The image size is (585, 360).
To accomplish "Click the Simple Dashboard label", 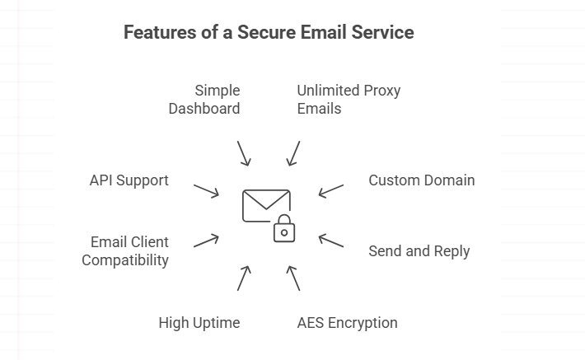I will tap(204, 99).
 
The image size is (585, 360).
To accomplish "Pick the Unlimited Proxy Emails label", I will tap(349, 99).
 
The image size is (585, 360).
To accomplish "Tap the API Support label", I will tap(129, 180).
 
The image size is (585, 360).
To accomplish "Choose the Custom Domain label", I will tap(421, 180).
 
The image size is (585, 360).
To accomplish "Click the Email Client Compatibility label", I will tap(125, 251).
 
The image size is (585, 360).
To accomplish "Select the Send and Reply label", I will tap(419, 251).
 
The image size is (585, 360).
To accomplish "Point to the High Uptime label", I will tap(199, 323).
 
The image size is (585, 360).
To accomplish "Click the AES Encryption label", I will tap(347, 323).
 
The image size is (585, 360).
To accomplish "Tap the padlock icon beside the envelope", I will tap(283, 230).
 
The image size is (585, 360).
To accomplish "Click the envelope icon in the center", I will tap(264, 206).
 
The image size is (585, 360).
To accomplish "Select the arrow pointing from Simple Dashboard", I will tap(243, 153).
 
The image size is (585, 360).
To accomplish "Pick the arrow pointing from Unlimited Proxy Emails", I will tap(293, 153).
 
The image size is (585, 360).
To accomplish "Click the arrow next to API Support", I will tap(206, 190).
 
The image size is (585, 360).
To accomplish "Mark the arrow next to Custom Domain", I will tap(331, 190).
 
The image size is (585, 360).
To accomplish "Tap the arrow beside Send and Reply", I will tap(331, 241).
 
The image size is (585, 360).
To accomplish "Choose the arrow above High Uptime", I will tap(243, 278).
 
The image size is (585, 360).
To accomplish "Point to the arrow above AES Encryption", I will tap(293, 278).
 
